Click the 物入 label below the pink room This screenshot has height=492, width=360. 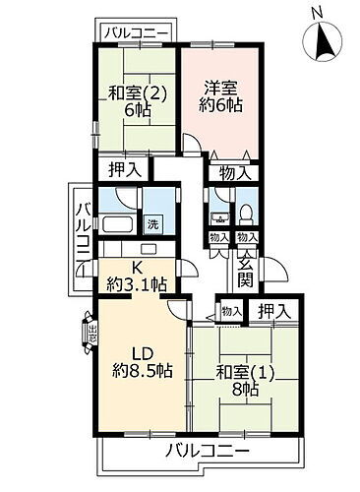click(234, 172)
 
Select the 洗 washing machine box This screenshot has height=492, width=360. click(152, 223)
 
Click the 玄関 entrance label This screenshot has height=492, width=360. click(245, 269)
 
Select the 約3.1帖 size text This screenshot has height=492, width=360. click(139, 285)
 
